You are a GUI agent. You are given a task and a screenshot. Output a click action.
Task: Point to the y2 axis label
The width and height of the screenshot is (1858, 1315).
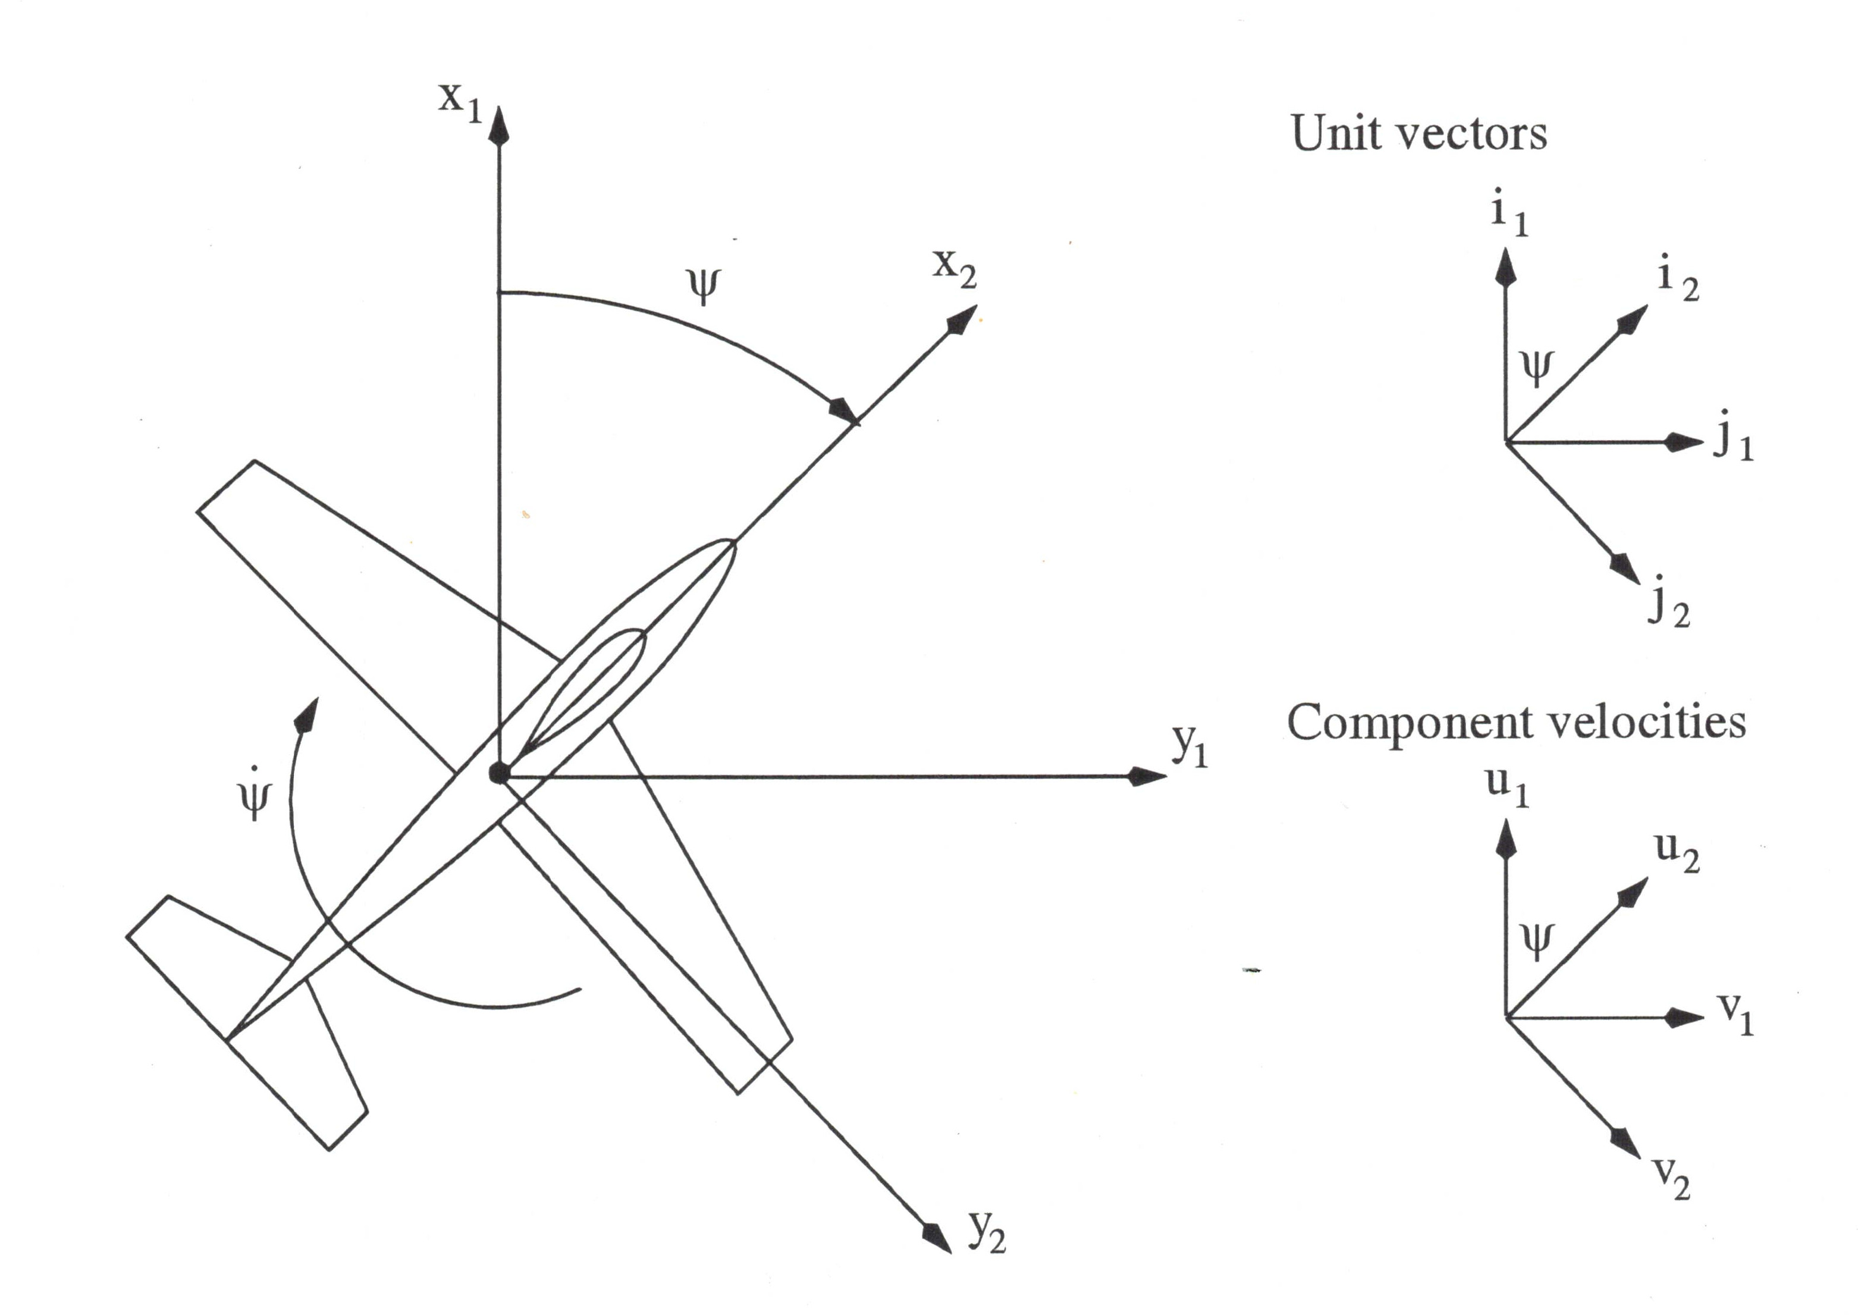[987, 1232]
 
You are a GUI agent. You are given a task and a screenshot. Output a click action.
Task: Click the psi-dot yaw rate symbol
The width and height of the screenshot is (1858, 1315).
[254, 793]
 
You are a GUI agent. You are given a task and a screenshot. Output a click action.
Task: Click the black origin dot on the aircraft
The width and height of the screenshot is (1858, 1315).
[499, 773]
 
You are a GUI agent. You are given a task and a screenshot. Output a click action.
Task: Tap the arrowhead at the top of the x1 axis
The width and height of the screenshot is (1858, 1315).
[500, 128]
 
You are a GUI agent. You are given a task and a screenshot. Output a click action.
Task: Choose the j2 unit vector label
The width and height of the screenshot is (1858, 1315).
[1668, 602]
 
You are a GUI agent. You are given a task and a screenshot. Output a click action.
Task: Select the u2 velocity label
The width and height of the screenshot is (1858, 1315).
[1677, 852]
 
